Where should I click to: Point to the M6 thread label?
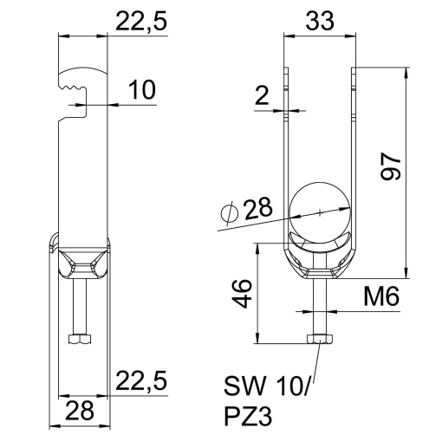[379, 299]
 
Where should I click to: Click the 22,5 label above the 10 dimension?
[141, 21]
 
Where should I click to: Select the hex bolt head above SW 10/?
[319, 339]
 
